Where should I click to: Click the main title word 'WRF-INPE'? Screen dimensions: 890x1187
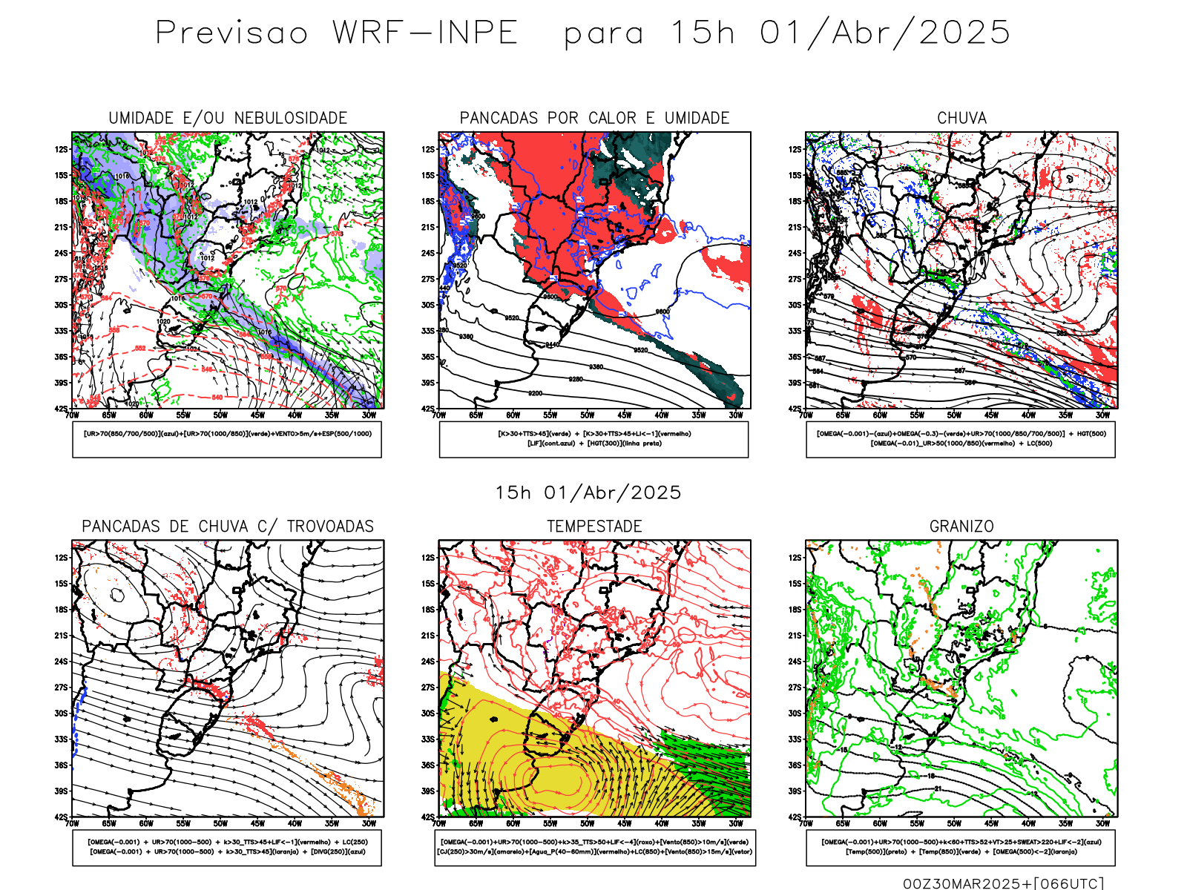[x=424, y=33]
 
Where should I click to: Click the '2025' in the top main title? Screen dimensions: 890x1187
[x=964, y=33]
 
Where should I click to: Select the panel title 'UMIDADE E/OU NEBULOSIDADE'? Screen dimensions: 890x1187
[x=228, y=118]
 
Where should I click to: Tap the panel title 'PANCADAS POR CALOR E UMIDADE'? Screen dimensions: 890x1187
[x=594, y=118]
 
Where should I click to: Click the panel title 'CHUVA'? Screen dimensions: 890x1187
[x=961, y=118]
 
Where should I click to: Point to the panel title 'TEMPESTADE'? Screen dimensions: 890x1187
[x=594, y=527]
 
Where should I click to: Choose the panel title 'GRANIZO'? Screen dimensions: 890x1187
[x=961, y=527]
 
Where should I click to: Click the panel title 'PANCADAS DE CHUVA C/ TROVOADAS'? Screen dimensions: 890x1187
[x=228, y=527]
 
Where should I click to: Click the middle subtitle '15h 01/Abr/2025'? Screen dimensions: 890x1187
[x=588, y=492]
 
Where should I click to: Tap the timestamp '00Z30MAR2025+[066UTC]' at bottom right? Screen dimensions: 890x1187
[x=1003, y=883]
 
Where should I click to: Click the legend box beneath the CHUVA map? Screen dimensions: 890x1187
[x=961, y=439]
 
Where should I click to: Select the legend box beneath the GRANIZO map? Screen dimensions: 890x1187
[x=961, y=847]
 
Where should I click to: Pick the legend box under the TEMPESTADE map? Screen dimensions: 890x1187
[x=594, y=847]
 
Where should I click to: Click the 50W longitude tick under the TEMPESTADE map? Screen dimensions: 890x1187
[x=587, y=823]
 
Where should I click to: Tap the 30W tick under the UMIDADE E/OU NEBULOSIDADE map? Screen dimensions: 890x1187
[x=369, y=415]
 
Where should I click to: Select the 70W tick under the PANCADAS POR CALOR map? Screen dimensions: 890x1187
[x=439, y=415]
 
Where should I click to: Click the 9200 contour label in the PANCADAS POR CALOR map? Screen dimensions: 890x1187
[x=535, y=393]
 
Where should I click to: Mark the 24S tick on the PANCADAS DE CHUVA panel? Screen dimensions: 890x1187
[x=61, y=662]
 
